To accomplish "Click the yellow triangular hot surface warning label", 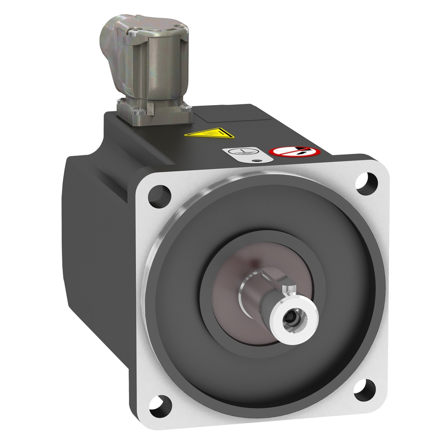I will tap(209, 133).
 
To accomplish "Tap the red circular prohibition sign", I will tap(294, 151).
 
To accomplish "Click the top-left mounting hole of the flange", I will tap(159, 196).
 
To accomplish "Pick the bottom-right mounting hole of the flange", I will tap(364, 389).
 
